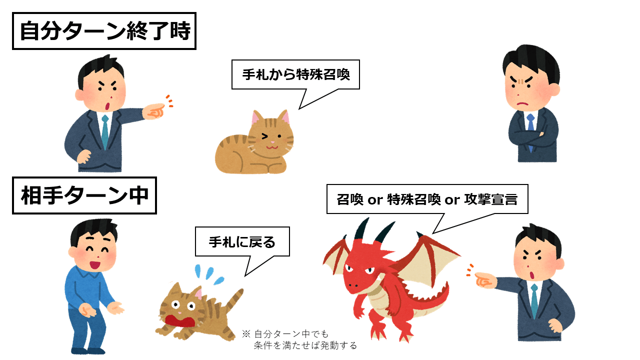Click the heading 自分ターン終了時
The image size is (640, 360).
pyautogui.click(x=104, y=31)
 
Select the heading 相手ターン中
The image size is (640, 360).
pyautogui.click(x=84, y=195)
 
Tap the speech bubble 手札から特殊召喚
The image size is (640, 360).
pyautogui.click(x=295, y=75)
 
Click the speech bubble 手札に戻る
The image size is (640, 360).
pyautogui.click(x=242, y=242)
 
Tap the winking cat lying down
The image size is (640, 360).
pyautogui.click(x=255, y=145)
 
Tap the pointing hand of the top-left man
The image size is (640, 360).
pyautogui.click(x=154, y=111)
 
